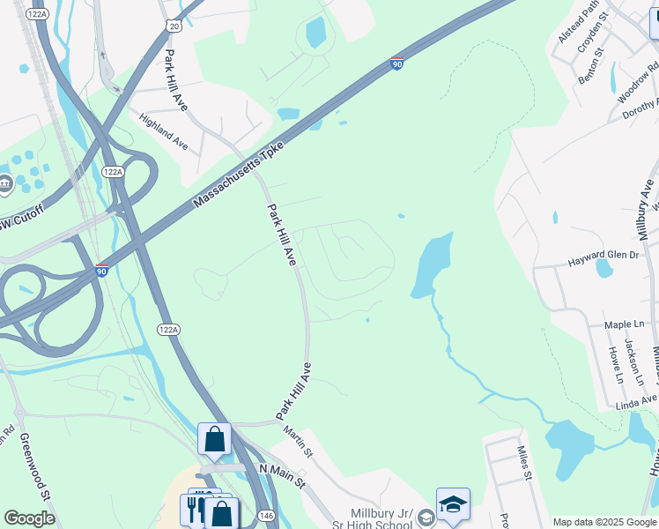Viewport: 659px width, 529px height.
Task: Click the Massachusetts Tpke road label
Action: pyautogui.click(x=239, y=174)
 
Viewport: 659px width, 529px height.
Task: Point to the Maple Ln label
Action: pyautogui.click(x=625, y=324)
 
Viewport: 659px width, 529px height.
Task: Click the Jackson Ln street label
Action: pyautogui.click(x=631, y=361)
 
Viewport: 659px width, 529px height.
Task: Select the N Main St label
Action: pyautogui.click(x=282, y=477)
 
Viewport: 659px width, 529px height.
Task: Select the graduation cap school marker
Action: pyautogui.click(x=453, y=504)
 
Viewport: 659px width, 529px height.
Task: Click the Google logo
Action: pyautogui.click(x=29, y=518)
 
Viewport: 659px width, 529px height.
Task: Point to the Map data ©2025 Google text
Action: pyautogui.click(x=604, y=522)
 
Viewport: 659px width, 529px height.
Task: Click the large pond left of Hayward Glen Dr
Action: pyautogui.click(x=432, y=264)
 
